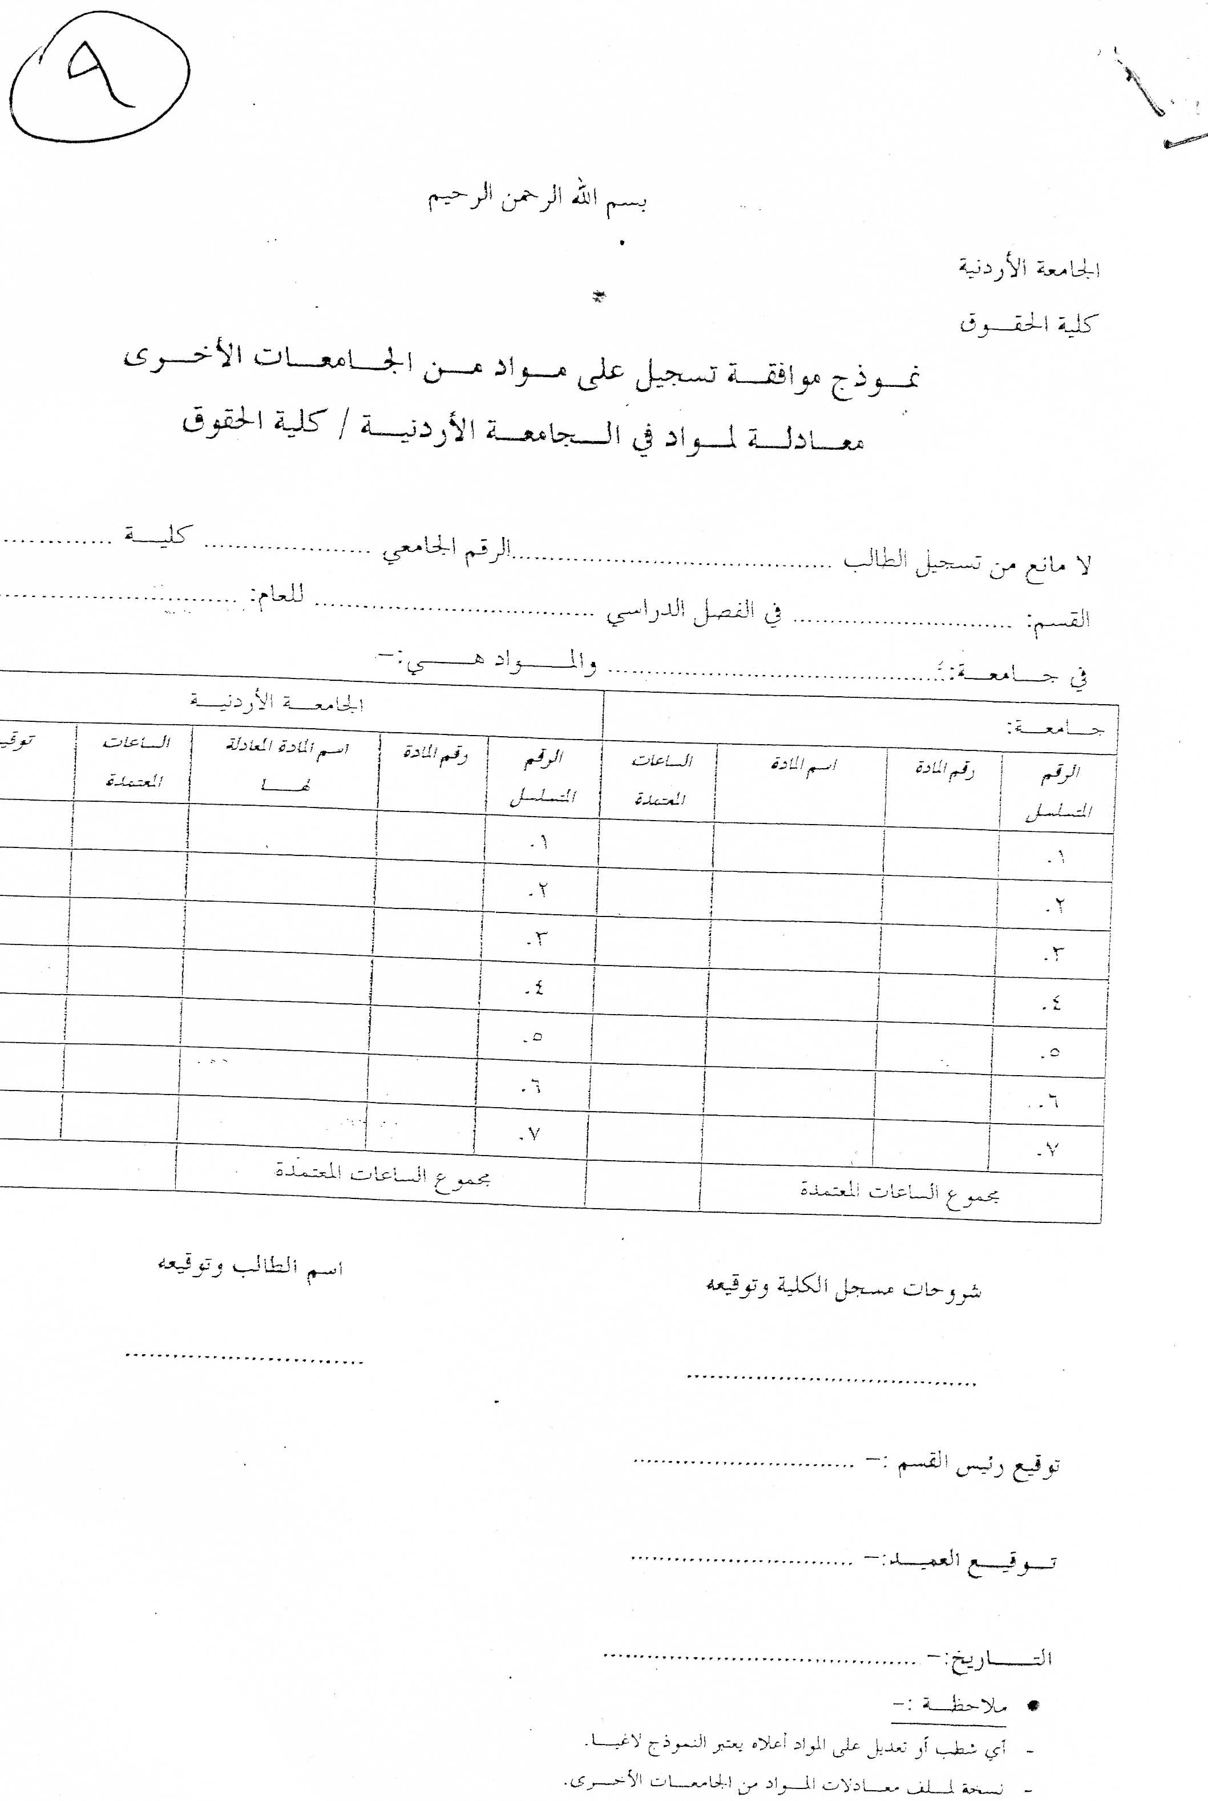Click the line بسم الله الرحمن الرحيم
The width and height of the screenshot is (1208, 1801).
pyautogui.click(x=537, y=199)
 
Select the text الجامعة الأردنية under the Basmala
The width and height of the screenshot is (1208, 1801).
pyautogui.click(x=1028, y=269)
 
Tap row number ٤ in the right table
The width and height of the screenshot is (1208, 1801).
pyautogui.click(x=1052, y=1004)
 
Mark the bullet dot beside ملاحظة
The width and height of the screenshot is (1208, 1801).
pyautogui.click(x=1035, y=1706)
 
